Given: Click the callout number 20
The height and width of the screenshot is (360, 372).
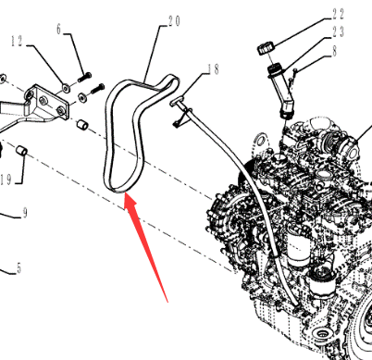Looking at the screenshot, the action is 174,21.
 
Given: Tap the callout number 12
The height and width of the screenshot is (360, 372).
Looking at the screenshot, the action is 17,41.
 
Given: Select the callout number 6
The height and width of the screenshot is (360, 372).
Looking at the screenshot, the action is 59,29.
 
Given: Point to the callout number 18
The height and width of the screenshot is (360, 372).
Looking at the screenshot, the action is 213,69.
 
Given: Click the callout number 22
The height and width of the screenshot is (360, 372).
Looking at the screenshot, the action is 339,14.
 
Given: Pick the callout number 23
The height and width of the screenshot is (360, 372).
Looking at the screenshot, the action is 339,31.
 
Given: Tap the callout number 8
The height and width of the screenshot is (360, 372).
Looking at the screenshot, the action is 335,51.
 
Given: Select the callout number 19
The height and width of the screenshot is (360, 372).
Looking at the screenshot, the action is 6,180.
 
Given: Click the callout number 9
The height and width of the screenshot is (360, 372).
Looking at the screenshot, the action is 25,213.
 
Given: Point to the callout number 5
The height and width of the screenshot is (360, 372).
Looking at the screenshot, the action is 19,268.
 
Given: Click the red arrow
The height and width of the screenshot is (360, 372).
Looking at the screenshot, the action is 145,247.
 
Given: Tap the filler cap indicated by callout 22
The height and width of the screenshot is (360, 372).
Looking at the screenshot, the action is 266,49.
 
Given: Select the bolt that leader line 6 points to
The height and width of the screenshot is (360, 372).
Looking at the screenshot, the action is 85,77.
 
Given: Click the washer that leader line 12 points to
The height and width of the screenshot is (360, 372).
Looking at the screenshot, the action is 66,88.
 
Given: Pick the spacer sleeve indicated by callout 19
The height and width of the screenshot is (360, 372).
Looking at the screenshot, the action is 21,150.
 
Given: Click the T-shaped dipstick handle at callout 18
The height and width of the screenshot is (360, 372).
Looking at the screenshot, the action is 177,101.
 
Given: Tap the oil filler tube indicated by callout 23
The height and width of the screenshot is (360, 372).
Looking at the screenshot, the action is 281,91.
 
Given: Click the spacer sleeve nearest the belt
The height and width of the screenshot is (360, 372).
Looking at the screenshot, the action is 82,125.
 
